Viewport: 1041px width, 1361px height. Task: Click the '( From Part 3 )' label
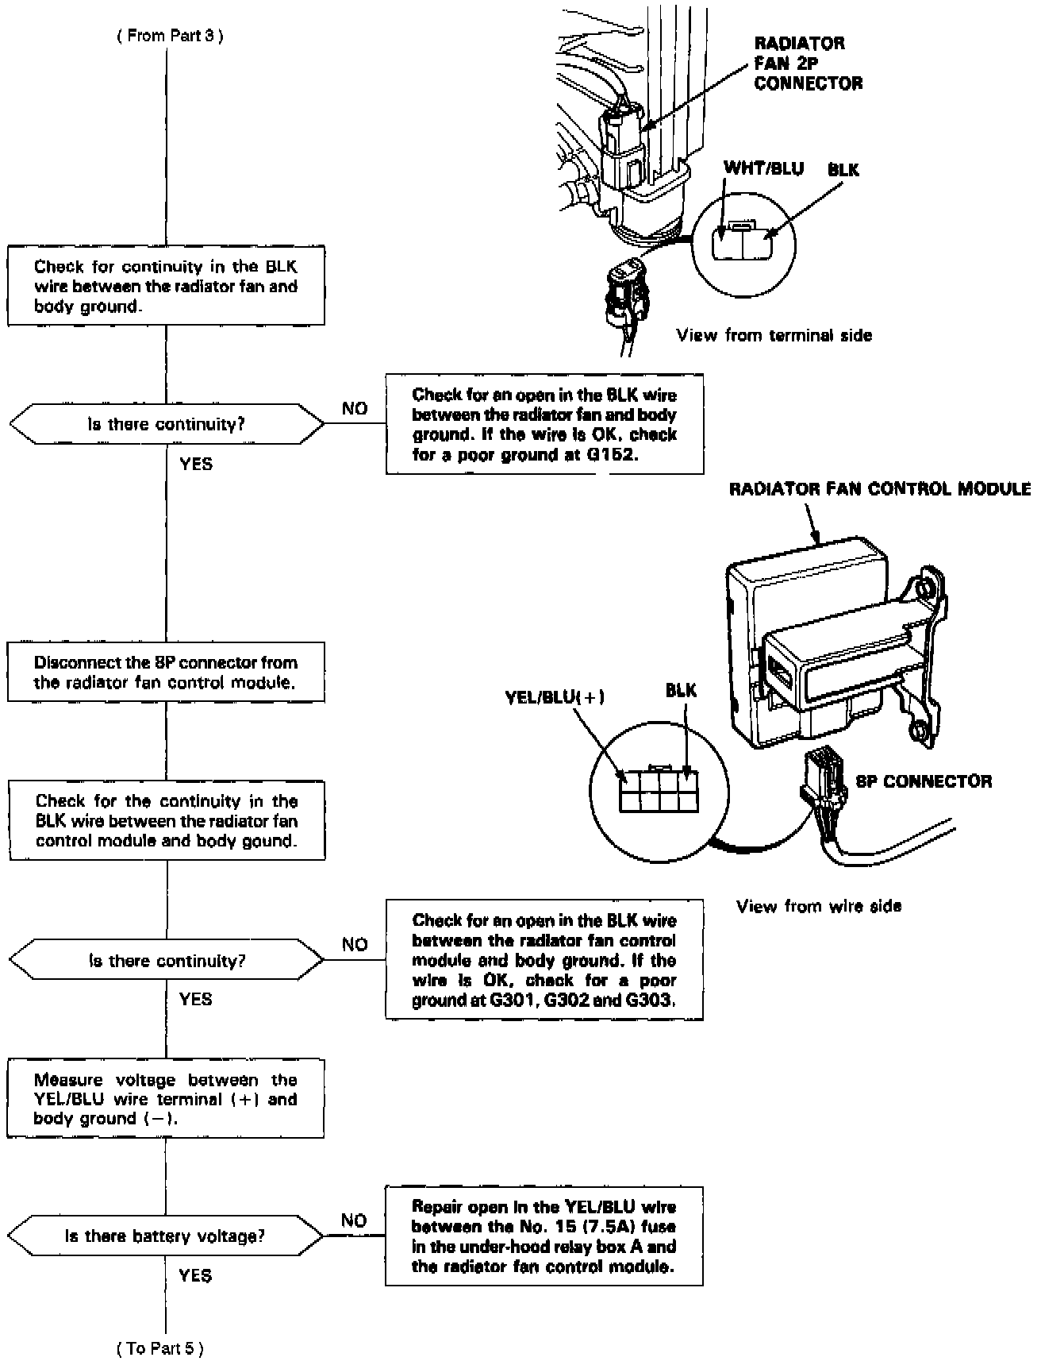click(170, 37)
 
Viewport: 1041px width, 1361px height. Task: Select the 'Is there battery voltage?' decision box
click(166, 1236)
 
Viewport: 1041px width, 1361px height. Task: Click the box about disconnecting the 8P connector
click(166, 673)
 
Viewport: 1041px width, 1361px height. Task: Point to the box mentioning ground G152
click(544, 425)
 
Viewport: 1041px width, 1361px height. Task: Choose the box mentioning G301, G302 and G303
click(544, 960)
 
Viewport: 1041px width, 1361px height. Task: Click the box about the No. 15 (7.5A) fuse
click(544, 1236)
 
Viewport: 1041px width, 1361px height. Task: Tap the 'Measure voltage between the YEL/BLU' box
click(166, 1099)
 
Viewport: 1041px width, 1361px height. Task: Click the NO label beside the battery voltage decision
click(354, 1220)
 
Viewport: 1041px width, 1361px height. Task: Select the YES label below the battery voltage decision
click(195, 1275)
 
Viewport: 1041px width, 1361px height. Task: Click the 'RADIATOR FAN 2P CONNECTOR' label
click(807, 63)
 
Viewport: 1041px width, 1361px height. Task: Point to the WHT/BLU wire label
click(763, 168)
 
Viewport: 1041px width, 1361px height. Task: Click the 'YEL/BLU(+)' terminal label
click(555, 697)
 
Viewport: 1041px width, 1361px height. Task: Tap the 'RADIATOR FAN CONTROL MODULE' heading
click(880, 489)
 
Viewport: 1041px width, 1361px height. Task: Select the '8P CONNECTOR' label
click(924, 781)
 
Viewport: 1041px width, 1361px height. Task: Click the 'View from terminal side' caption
click(774, 335)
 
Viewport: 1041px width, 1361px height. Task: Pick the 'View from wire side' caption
click(819, 906)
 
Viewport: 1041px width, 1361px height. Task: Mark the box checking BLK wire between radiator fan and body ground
click(166, 286)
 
